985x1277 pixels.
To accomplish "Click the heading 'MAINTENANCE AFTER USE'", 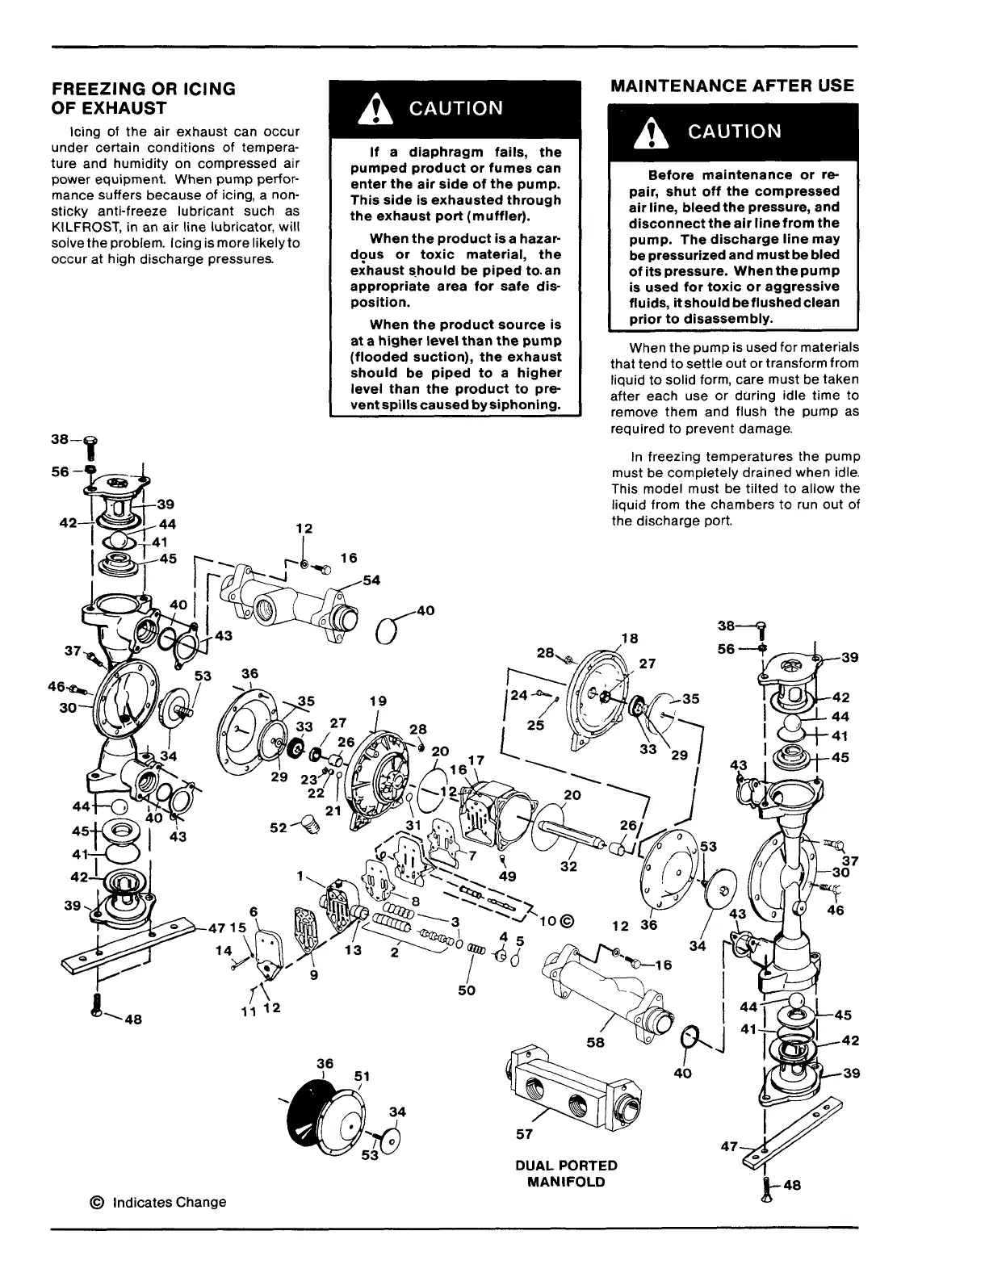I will coord(732,86).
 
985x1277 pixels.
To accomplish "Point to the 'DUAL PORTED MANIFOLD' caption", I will coord(566,1174).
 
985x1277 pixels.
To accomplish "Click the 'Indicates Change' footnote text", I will coord(169,1202).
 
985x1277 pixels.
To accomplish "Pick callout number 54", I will coord(372,580).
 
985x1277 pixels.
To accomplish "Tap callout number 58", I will coord(597,1042).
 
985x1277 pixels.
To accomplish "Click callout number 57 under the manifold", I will coord(524,1134).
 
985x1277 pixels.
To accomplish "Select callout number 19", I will coord(378,701).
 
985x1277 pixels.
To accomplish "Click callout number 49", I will coord(508,875).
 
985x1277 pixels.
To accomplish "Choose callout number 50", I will coord(467,990).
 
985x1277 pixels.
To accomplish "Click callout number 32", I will coord(568,868).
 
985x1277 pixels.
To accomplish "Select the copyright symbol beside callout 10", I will coord(566,921).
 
